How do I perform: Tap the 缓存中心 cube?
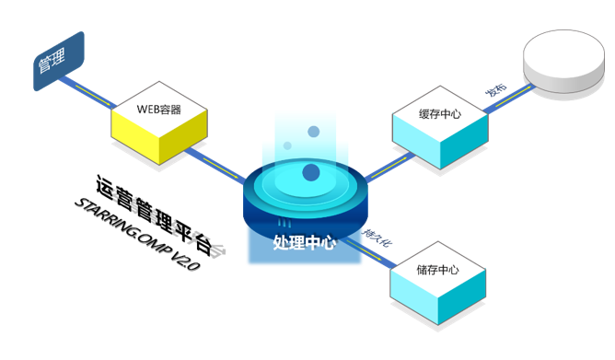tap(437, 129)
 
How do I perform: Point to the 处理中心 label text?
tap(304, 243)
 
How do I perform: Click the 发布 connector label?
tap(496, 90)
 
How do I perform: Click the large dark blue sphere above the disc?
tap(311, 171)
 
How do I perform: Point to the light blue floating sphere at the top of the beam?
tap(313, 132)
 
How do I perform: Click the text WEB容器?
tap(158, 109)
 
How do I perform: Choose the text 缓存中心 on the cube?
tap(438, 114)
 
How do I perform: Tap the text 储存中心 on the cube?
tap(437, 270)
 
